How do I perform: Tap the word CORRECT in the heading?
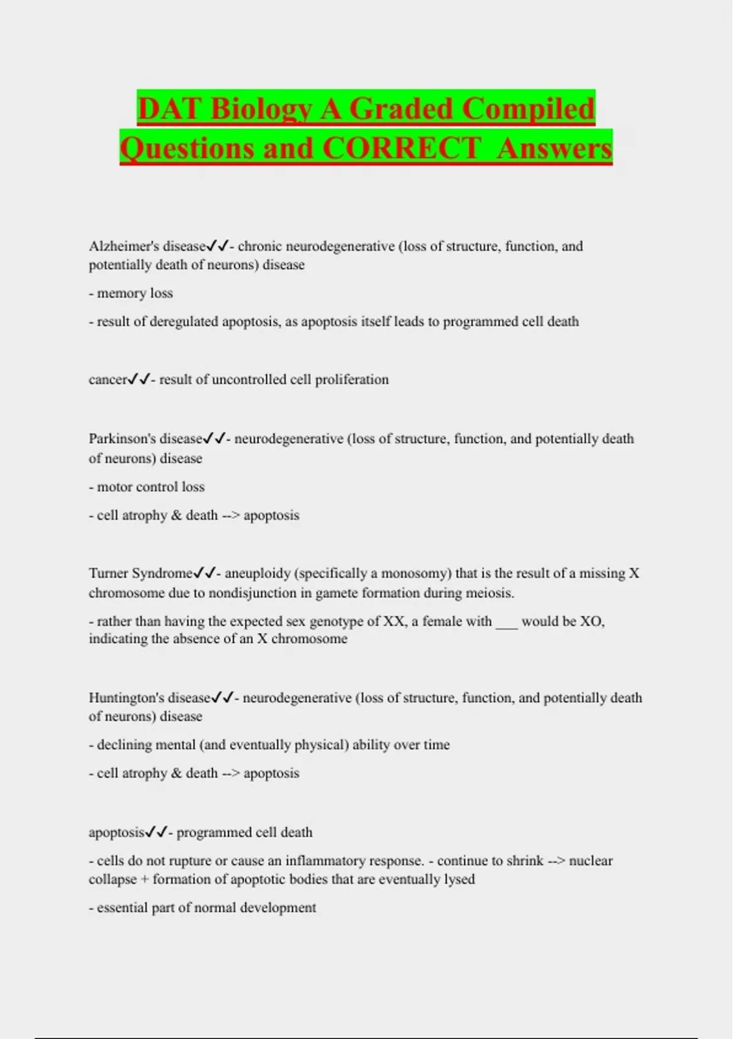pyautogui.click(x=401, y=148)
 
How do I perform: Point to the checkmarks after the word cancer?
pyautogui.click(x=138, y=380)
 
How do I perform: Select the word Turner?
pyautogui.click(x=108, y=573)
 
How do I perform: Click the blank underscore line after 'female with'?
pyautogui.click(x=506, y=622)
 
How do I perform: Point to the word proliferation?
pyautogui.click(x=351, y=380)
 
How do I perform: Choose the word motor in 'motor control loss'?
pyautogui.click(x=115, y=487)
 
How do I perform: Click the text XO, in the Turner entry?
pyautogui.click(x=591, y=622)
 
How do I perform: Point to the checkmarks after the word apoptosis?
pyautogui.click(x=156, y=832)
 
